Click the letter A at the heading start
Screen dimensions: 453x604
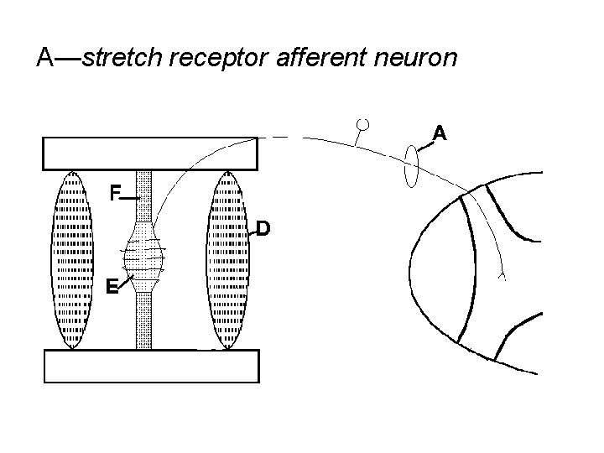coord(47,58)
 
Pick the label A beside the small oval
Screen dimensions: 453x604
coord(439,133)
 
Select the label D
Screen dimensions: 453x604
coord(263,228)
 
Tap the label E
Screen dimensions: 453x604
coord(112,286)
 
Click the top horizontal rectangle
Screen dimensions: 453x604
coord(151,154)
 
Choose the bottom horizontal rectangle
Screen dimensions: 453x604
coord(151,366)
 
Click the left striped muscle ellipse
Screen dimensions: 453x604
coord(73,260)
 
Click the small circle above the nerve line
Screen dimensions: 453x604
coord(363,124)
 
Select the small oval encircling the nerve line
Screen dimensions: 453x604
coord(411,167)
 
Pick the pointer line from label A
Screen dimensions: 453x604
coord(425,146)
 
